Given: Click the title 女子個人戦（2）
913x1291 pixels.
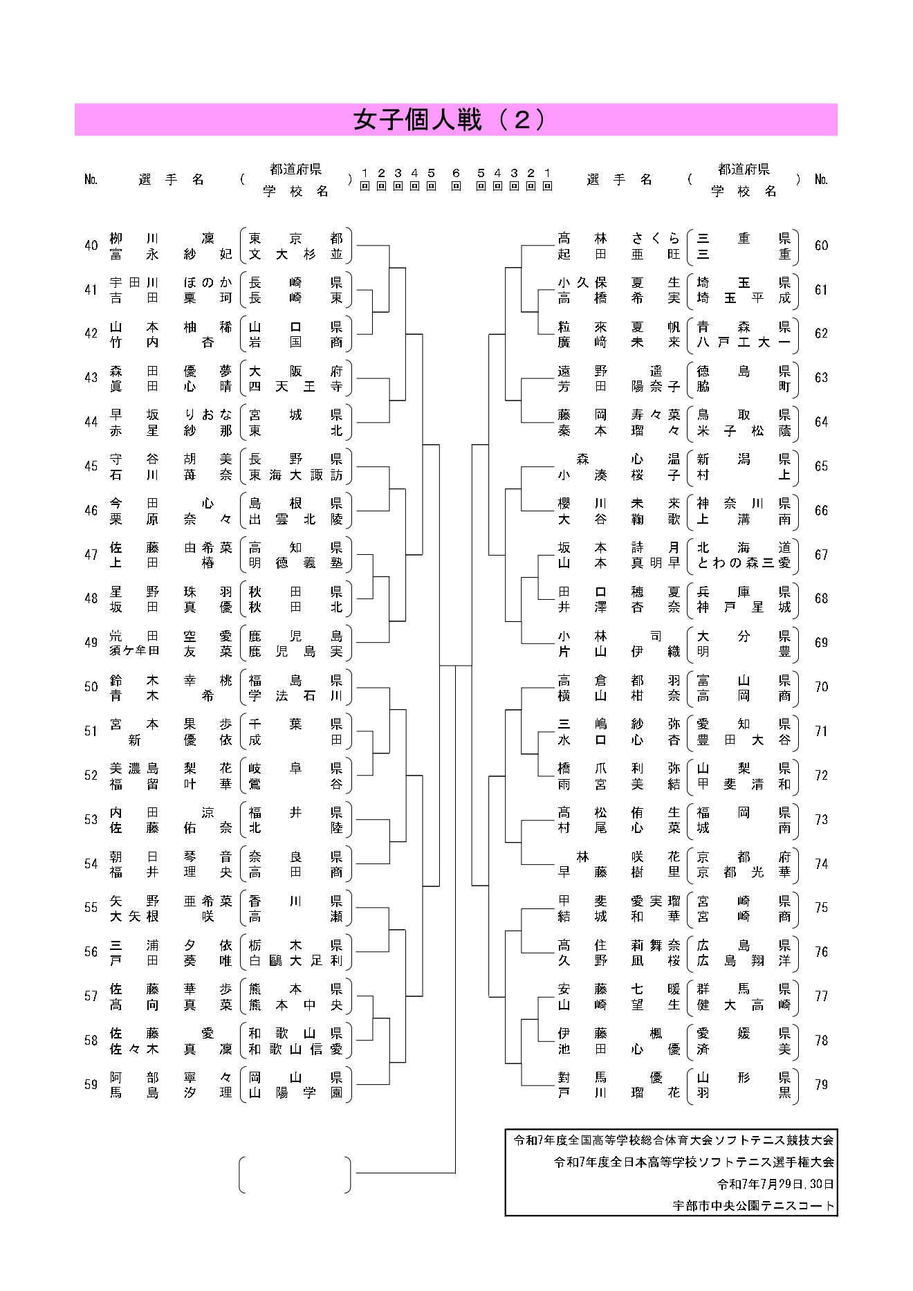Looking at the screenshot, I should tap(450, 120).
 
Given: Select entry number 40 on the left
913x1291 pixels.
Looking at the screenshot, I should tap(91, 246).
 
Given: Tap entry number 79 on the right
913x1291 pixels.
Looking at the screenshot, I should tap(821, 1084).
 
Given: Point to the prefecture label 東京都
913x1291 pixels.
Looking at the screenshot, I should tap(295, 239).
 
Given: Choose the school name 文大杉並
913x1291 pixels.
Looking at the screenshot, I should tap(295, 254).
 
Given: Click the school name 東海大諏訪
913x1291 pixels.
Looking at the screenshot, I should tap(295, 475).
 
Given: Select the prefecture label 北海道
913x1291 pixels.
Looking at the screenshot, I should tap(743, 548).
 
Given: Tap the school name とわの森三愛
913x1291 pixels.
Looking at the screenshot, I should tap(743, 563).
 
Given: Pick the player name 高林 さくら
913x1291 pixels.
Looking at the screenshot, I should tap(618, 239).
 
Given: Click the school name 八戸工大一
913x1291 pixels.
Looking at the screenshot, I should tap(743, 342).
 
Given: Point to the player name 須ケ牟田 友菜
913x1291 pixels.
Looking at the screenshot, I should tap(171, 651).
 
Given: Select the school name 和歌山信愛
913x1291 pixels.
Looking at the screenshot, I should tap(295, 1049).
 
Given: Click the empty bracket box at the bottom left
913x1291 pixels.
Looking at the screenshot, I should tap(295, 1175).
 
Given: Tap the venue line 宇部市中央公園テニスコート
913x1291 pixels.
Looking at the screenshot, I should tap(753, 1205).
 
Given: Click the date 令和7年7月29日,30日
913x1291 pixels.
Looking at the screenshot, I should tap(775, 1184).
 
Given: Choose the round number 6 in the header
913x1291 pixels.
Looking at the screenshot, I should tap(456, 173).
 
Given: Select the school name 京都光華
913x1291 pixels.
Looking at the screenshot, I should tap(743, 872).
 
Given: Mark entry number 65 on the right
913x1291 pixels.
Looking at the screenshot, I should tap(821, 466).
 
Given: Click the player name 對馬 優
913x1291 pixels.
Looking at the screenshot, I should tap(618, 1077).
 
